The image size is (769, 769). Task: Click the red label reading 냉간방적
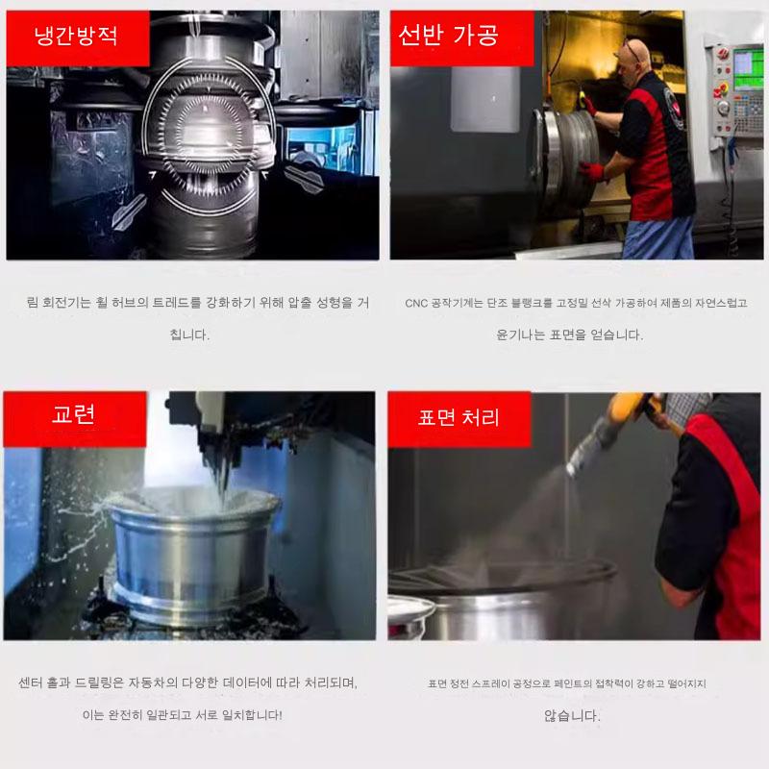[78, 38]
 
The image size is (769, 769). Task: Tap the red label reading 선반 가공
[462, 38]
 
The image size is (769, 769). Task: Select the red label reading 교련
[75, 419]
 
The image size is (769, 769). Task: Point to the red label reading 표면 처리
[459, 419]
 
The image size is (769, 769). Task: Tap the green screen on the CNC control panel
[749, 68]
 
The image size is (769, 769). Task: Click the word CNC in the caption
[416, 303]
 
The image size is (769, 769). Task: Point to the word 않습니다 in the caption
[572, 715]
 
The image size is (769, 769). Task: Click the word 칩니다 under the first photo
[189, 335]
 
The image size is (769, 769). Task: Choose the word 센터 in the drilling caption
[30, 682]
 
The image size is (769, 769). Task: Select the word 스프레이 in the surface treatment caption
[491, 683]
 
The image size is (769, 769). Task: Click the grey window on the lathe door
[485, 99]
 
